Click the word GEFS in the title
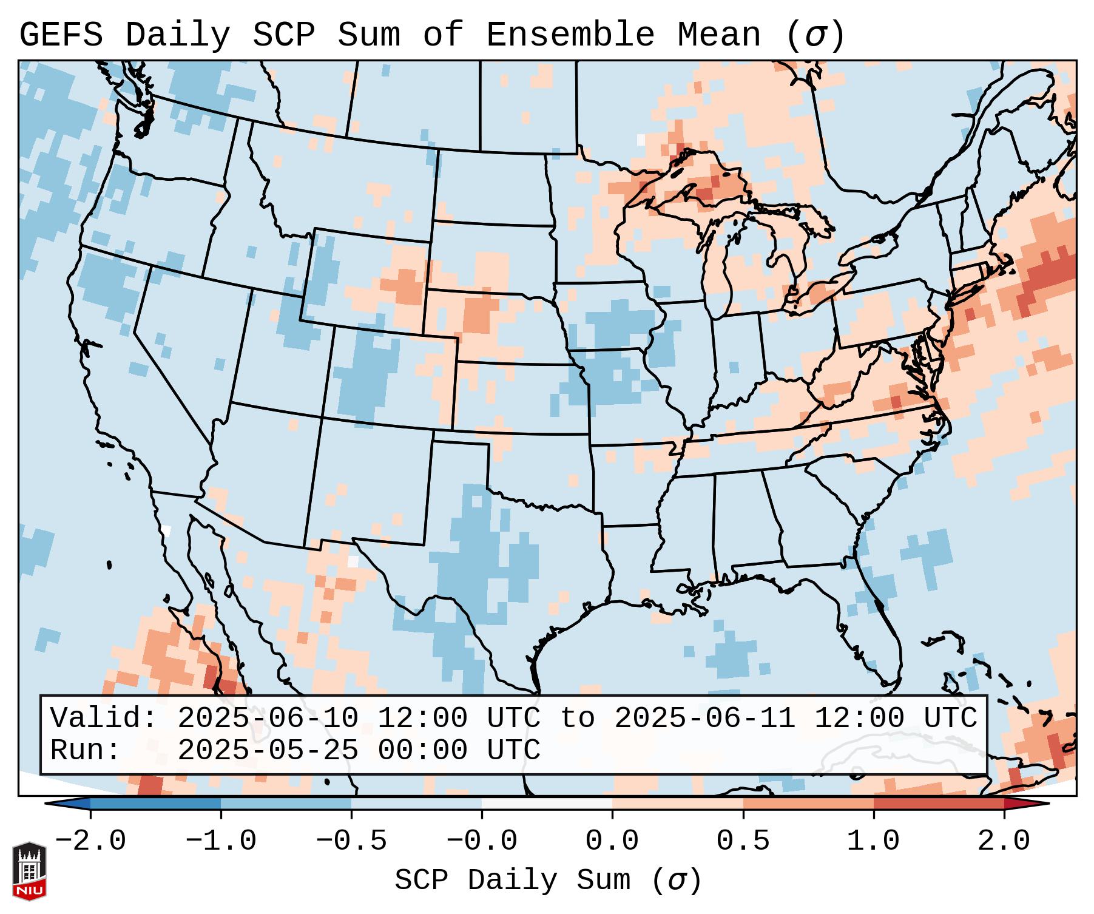coord(61,35)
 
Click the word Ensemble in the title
coord(570,35)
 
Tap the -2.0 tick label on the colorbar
coord(90,841)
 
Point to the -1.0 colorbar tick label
coord(221,841)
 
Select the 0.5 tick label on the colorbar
coord(743,841)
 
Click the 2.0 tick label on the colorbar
coord(1004,841)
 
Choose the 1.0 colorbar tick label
coord(874,841)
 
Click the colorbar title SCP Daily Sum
coord(513,881)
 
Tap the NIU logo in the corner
coord(29,870)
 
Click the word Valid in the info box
coord(103,718)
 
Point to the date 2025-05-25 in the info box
coord(268,750)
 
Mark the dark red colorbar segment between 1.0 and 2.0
coord(939,804)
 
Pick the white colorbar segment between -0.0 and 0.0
coord(547,804)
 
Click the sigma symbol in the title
coord(815,35)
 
